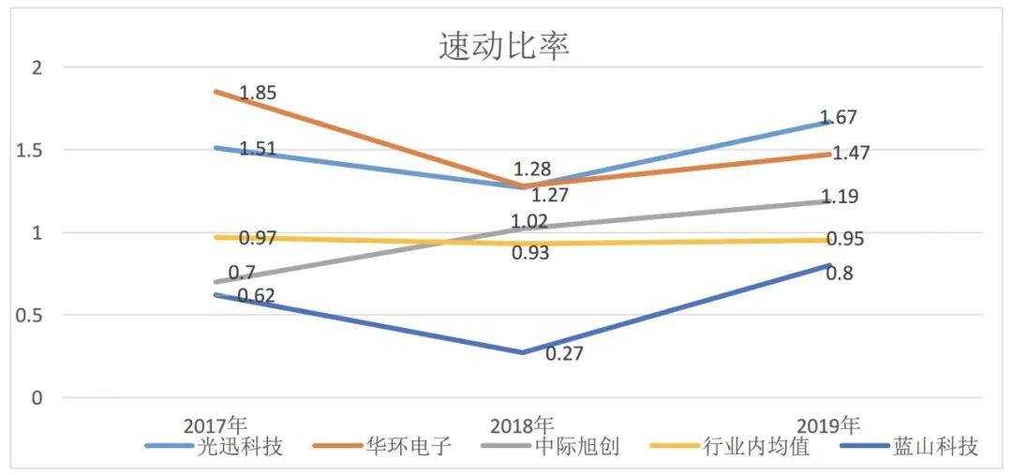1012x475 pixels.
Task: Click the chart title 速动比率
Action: (x=504, y=46)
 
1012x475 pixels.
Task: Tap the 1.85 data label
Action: (x=258, y=93)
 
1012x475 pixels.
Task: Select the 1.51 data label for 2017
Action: (x=258, y=150)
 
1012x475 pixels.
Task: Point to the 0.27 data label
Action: (x=564, y=355)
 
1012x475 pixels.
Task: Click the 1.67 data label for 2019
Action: (x=839, y=118)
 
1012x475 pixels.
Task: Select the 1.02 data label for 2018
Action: (x=529, y=222)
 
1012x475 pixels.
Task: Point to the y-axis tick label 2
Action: (x=37, y=67)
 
